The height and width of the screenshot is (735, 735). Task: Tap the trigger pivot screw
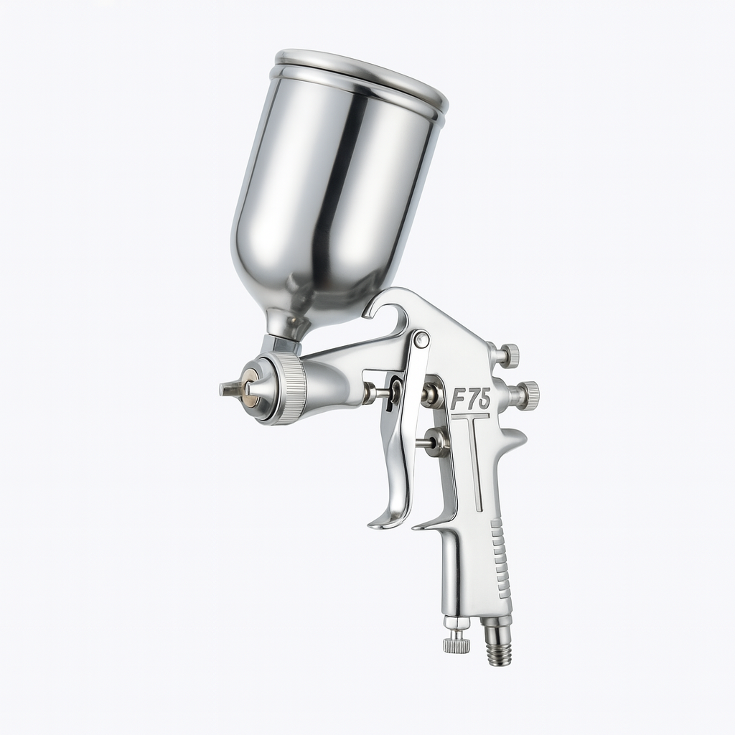421,339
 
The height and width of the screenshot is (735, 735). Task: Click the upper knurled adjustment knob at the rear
510,353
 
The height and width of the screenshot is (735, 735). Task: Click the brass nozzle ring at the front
249,388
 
